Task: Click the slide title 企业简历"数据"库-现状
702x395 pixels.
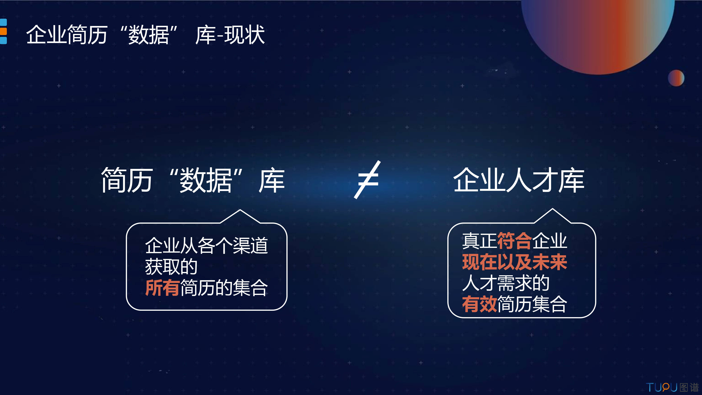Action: [x=145, y=35]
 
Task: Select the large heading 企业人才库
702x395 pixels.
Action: [x=519, y=180]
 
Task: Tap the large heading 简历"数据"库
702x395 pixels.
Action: [x=193, y=180]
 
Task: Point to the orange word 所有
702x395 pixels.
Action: [x=162, y=288]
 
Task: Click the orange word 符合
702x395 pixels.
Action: [x=515, y=241]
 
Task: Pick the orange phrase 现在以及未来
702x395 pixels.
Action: [x=515, y=262]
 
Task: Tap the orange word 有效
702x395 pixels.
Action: [x=479, y=304]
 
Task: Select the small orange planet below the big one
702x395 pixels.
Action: [x=676, y=78]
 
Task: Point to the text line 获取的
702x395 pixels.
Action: [x=171, y=267]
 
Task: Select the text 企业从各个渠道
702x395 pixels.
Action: [x=206, y=245]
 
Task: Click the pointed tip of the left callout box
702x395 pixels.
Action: [x=240, y=210]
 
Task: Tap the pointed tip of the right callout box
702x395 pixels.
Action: [x=553, y=209]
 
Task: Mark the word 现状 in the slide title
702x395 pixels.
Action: [x=244, y=35]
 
